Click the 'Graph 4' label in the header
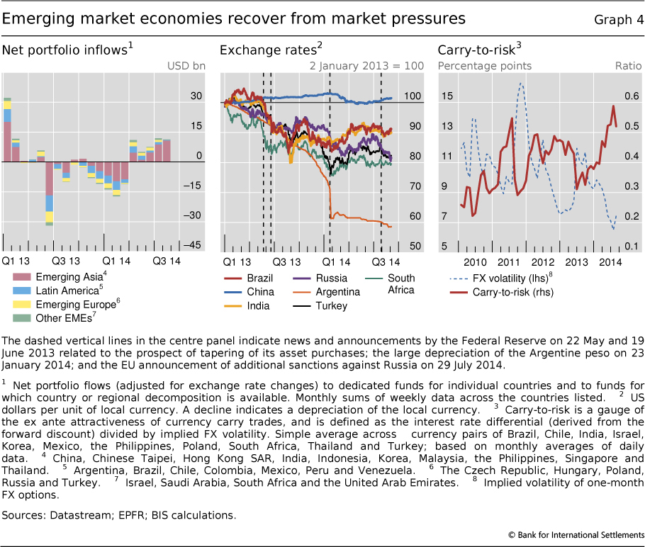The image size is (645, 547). click(618, 18)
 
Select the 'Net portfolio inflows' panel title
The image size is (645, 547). click(67, 50)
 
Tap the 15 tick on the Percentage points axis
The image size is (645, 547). click(446, 96)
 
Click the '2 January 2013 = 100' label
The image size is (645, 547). click(366, 67)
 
